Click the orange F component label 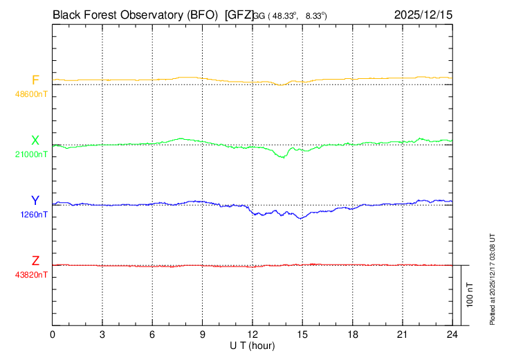tap(35, 80)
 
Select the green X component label tap(35, 141)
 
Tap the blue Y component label tap(35, 201)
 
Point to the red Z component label tap(35, 261)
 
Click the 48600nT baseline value tap(32, 93)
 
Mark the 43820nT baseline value tap(32, 275)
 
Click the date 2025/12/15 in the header tap(422, 14)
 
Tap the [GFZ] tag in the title tap(239, 14)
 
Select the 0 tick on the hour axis tap(53, 334)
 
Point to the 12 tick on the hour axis tap(252, 334)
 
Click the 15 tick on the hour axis tap(302, 334)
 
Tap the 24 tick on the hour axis tap(452, 334)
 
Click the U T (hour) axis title tap(252, 345)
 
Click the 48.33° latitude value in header tap(286, 15)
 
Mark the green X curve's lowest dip tap(282, 157)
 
